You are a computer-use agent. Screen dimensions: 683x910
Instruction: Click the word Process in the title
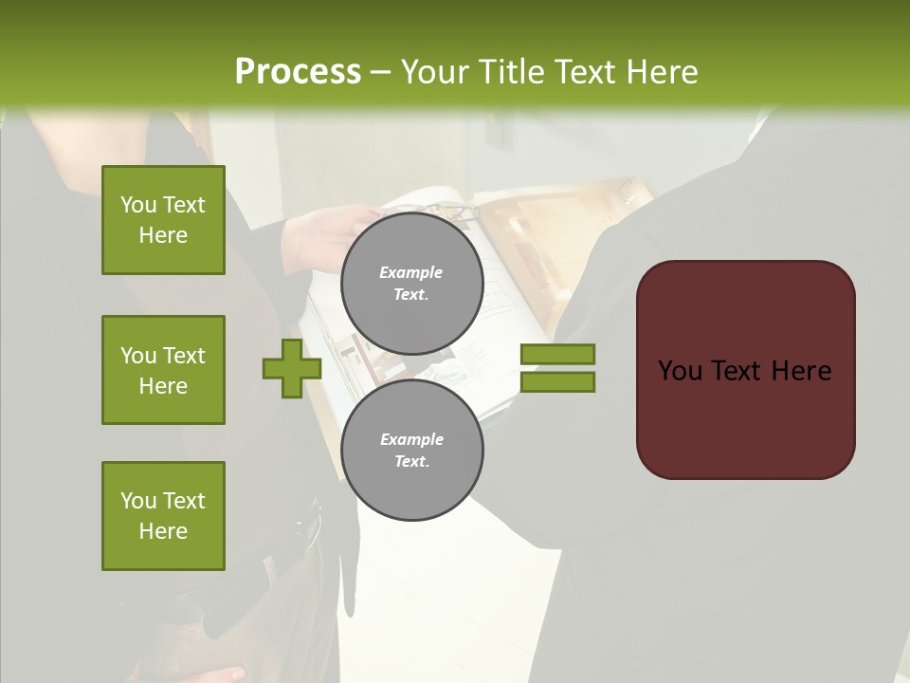click(298, 71)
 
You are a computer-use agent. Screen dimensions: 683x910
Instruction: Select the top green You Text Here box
click(163, 220)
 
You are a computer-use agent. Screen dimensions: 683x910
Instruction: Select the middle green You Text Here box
click(163, 370)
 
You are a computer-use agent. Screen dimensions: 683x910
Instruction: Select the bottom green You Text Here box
click(163, 516)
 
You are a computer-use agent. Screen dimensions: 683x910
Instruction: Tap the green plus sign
click(292, 368)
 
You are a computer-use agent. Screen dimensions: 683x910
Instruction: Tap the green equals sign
click(557, 368)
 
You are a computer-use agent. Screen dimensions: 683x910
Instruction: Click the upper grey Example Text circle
click(412, 283)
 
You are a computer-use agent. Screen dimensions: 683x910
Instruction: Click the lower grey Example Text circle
click(412, 450)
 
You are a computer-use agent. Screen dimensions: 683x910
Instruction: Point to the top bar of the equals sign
click(557, 355)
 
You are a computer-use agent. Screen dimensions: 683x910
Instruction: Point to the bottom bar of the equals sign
click(557, 381)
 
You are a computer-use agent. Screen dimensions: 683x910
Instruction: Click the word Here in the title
click(661, 72)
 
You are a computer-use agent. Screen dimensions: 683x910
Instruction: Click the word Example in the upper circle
click(410, 272)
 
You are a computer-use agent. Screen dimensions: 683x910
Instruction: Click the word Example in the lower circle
click(411, 439)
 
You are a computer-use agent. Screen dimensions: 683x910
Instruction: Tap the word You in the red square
click(680, 371)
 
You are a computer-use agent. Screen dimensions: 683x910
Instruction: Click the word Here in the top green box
click(163, 235)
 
